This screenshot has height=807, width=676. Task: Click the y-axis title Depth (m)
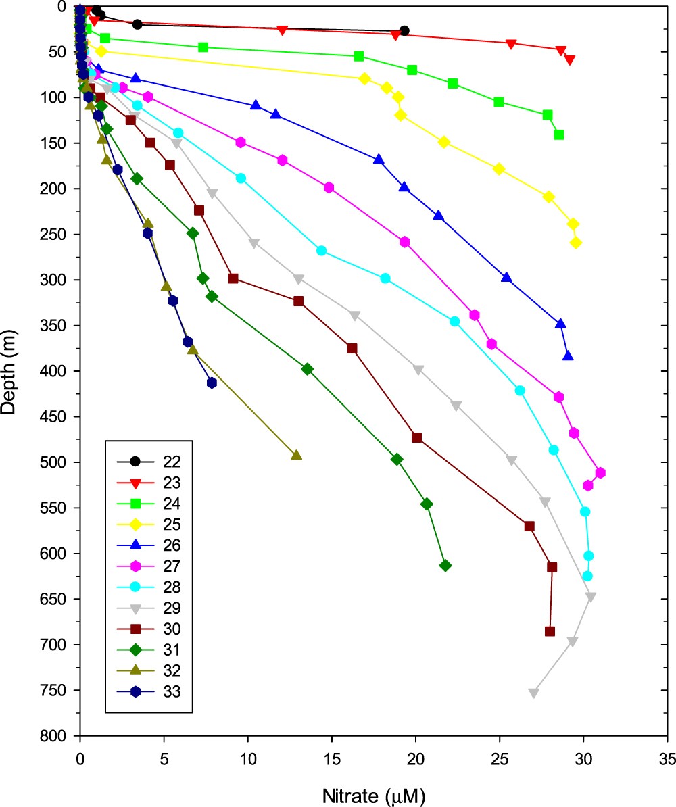(x=11, y=370)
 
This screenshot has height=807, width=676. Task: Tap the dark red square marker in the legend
(x=135, y=629)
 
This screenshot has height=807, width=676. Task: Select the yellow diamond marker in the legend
(x=135, y=524)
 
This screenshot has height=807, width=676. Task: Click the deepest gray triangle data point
(x=533, y=693)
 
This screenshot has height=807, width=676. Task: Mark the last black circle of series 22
(x=404, y=30)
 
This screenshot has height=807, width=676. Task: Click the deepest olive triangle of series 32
(x=296, y=455)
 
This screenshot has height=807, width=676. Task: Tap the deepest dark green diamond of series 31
(x=445, y=565)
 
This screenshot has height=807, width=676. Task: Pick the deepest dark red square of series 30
(x=550, y=631)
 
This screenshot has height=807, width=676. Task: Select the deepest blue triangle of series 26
(x=568, y=356)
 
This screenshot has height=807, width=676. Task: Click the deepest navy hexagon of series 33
(x=212, y=383)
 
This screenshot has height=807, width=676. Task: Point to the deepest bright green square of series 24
(x=559, y=134)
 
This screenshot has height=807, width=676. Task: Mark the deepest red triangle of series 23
(x=570, y=60)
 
